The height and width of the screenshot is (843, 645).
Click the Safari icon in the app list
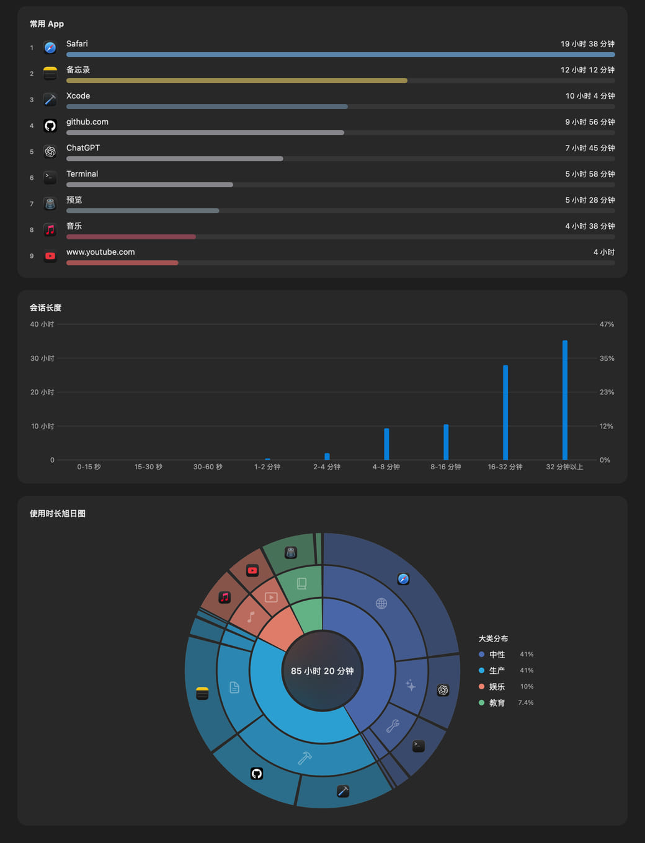coord(50,48)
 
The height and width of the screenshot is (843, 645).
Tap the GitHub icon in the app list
coord(50,126)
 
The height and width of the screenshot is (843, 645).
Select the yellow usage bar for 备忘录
coord(237,81)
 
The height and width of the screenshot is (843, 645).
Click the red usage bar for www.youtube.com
coord(122,263)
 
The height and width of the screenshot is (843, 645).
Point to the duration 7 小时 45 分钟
coord(590,148)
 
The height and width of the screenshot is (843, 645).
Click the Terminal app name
coord(82,174)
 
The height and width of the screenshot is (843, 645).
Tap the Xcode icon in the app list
coord(50,100)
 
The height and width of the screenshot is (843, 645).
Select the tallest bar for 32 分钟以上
coord(565,400)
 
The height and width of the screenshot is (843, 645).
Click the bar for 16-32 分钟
coord(505,412)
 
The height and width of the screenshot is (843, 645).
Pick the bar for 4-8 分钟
coord(386,444)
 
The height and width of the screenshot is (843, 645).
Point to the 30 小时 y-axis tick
coord(42,358)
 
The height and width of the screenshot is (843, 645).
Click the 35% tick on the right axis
coord(607,358)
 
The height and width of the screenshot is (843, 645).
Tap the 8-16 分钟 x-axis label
coord(446,467)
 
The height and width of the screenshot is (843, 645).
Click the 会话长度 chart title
coord(46,307)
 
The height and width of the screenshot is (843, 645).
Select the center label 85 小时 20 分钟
coord(322,671)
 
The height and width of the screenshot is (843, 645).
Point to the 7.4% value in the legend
coord(525,702)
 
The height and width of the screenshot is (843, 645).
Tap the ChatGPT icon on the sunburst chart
coord(443,690)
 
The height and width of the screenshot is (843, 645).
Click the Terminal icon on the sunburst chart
coord(419,746)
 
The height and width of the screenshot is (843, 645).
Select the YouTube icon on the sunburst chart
coord(252,570)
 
